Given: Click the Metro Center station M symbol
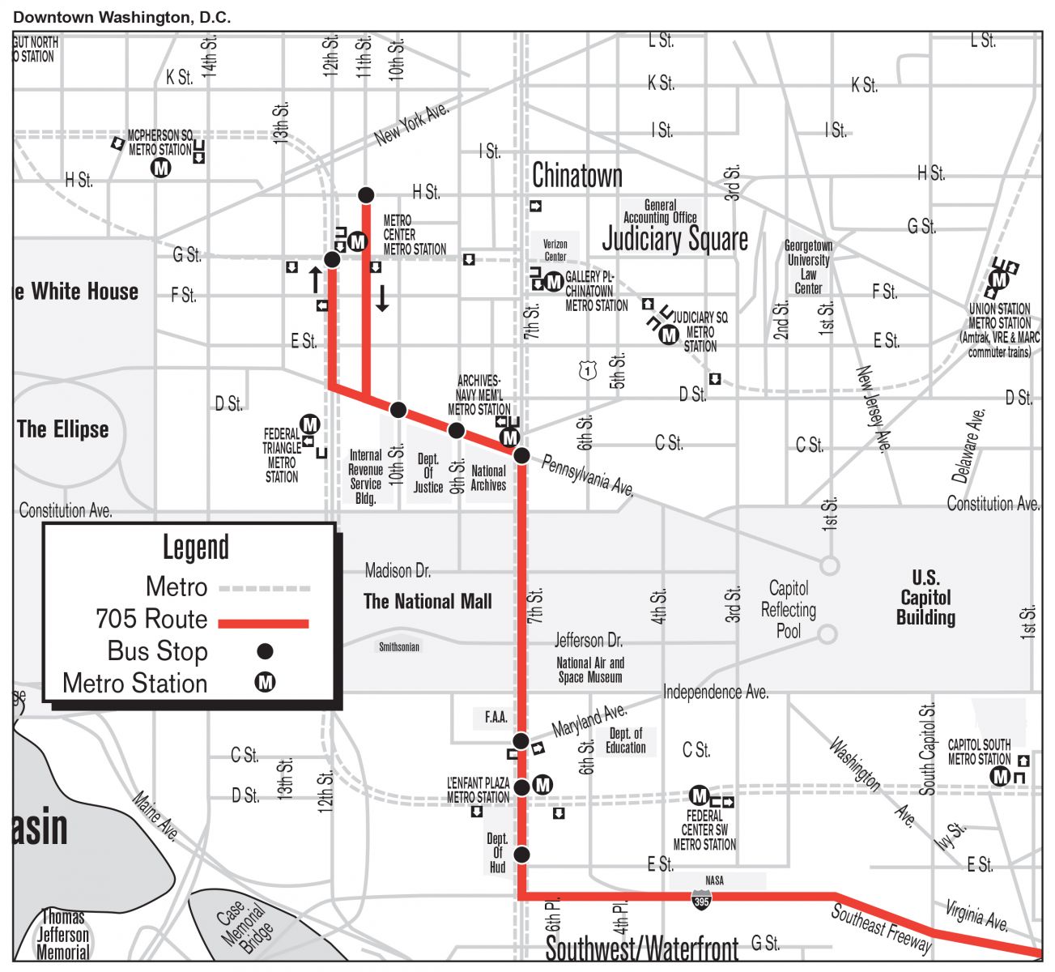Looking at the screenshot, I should pyautogui.click(x=358, y=241).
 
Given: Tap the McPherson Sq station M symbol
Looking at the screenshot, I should pyautogui.click(x=162, y=168).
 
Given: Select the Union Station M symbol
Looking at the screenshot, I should pyautogui.click(x=1000, y=279).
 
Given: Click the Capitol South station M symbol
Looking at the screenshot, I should pyautogui.click(x=1001, y=776).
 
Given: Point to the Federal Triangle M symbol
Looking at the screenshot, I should pyautogui.click(x=309, y=424).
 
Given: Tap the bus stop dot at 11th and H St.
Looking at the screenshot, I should pyautogui.click(x=366, y=194).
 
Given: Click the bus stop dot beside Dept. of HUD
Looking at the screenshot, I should pyautogui.click(x=521, y=854).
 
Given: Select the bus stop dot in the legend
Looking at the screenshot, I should pyautogui.click(x=265, y=651).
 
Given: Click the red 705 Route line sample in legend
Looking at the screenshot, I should pyautogui.click(x=264, y=623).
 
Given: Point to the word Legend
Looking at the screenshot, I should pyautogui.click(x=196, y=548).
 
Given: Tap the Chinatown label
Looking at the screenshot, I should pyautogui.click(x=577, y=176).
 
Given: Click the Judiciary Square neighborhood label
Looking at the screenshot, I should pyautogui.click(x=674, y=240).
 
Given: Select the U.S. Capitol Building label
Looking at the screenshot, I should pyautogui.click(x=925, y=598).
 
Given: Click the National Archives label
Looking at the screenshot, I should pyautogui.click(x=488, y=478).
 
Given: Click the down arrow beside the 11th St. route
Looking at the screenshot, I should pyautogui.click(x=382, y=298).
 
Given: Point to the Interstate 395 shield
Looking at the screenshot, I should pyautogui.click(x=702, y=898).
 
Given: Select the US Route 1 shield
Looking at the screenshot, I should pyautogui.click(x=587, y=370).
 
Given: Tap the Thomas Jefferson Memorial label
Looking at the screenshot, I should pyautogui.click(x=63, y=935).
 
